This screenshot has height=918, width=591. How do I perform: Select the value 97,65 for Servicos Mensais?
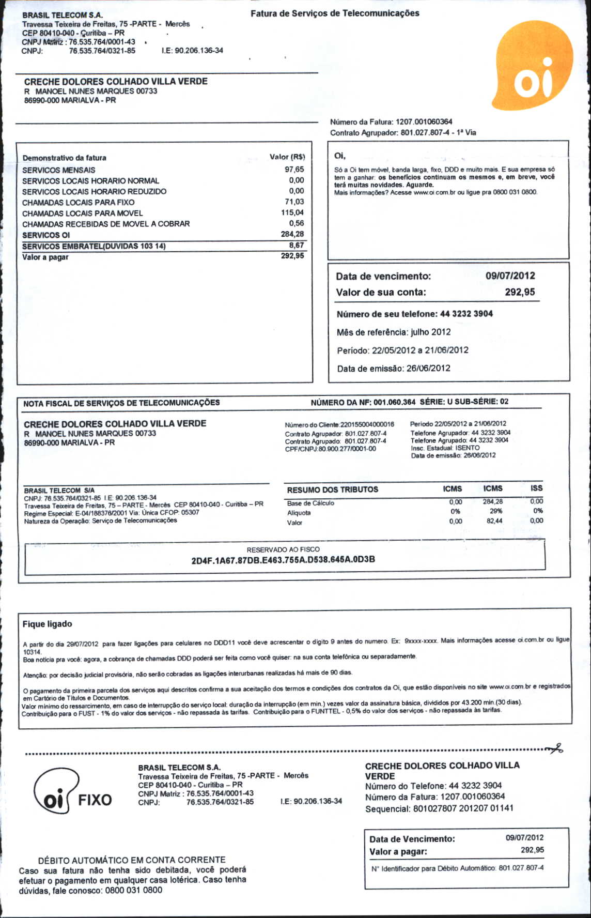pyautogui.click(x=294, y=170)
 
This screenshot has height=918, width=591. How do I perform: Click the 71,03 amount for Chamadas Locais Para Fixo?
pyautogui.click(x=294, y=202)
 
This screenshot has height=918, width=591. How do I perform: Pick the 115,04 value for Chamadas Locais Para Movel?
pyautogui.click(x=292, y=213)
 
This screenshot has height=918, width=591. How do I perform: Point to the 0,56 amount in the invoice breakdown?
pyautogui.click(x=297, y=223)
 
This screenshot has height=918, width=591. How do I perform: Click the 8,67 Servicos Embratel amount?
pyautogui.click(x=297, y=246)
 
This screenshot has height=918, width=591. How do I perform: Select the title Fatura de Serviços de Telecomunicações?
pyautogui.click(x=335, y=13)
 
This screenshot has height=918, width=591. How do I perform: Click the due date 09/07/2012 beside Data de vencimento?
pyautogui.click(x=510, y=276)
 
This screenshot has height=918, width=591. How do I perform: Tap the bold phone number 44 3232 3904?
pyautogui.click(x=466, y=314)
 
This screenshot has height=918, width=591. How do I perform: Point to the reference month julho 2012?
pyautogui.click(x=430, y=332)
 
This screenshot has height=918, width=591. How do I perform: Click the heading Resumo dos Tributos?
pyautogui.click(x=332, y=489)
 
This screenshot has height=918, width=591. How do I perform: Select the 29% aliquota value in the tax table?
pyautogui.click(x=495, y=511)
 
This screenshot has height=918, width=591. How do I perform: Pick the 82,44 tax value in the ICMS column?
pyautogui.click(x=494, y=521)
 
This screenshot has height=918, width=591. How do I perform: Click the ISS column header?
pyautogui.click(x=536, y=488)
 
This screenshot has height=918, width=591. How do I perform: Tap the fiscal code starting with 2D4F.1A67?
pyautogui.click(x=283, y=560)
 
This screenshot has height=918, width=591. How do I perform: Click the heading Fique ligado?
pyautogui.click(x=48, y=624)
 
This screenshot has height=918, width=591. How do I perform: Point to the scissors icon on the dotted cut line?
pyautogui.click(x=556, y=748)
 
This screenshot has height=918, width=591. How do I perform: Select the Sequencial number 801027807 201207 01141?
pyautogui.click(x=463, y=808)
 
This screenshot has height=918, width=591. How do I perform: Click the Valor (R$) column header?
pyautogui.click(x=287, y=157)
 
